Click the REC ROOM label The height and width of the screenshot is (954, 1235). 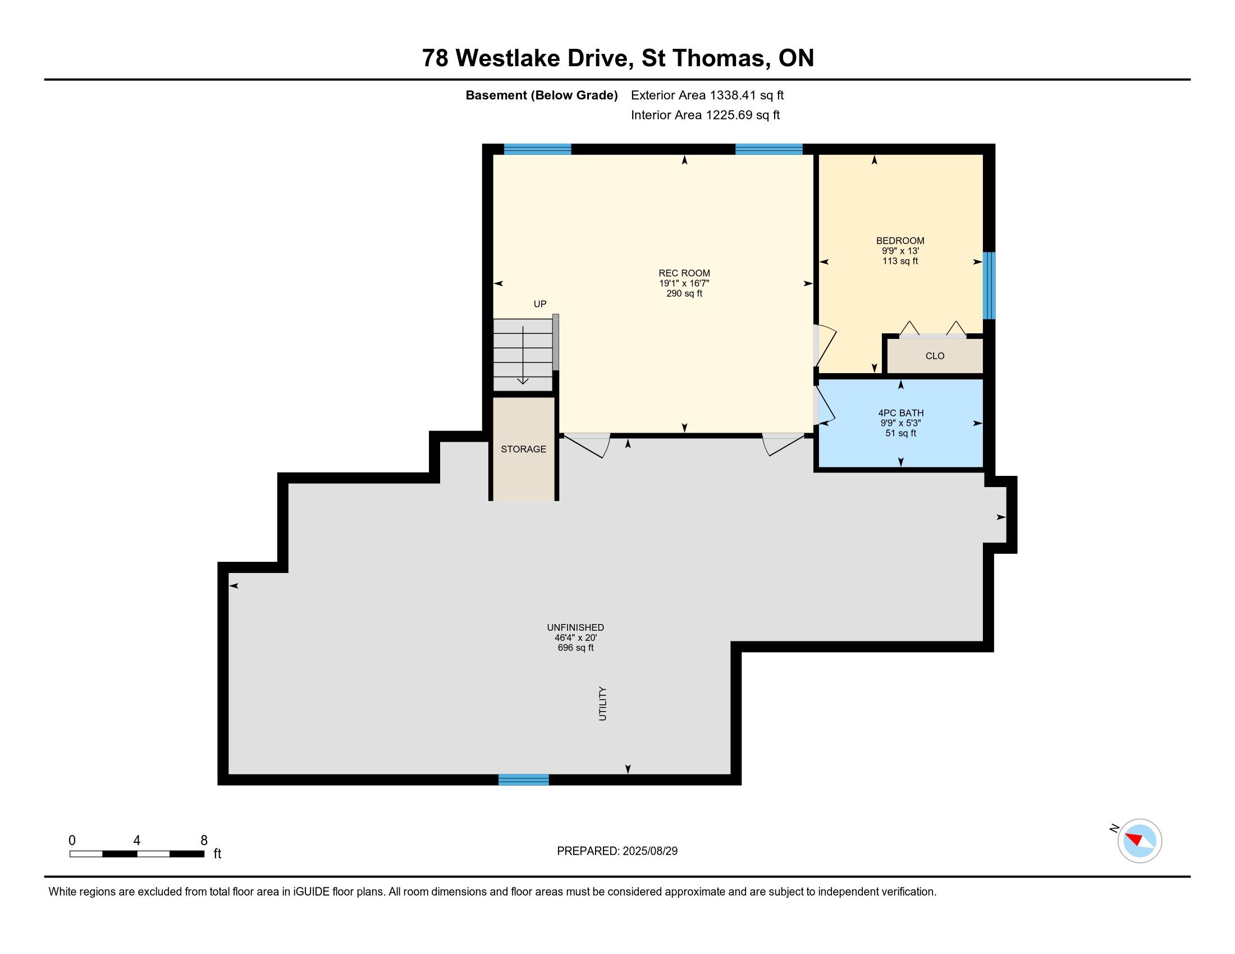pos(684,273)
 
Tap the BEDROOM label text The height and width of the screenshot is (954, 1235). pos(900,241)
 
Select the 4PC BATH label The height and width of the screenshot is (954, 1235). pos(901,413)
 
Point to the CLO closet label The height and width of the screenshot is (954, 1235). pos(935,356)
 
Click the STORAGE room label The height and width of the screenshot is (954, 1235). pos(524,450)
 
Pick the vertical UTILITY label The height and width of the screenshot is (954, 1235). pos(603,704)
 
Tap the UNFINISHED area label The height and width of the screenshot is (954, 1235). pos(575,627)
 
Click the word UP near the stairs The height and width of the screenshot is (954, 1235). pos(540,304)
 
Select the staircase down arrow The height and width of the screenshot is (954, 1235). pos(523,355)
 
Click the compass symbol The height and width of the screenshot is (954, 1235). pos(1140,841)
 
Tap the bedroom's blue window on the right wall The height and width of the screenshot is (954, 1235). pos(989,286)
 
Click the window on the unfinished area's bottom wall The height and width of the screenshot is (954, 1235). pos(524,780)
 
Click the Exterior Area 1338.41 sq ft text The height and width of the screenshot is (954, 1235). pos(707,95)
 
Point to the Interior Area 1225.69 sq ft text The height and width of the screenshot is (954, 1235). pos(705,115)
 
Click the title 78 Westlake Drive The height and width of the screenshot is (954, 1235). pos(525,58)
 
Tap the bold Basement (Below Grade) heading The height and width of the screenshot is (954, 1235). pos(542,95)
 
